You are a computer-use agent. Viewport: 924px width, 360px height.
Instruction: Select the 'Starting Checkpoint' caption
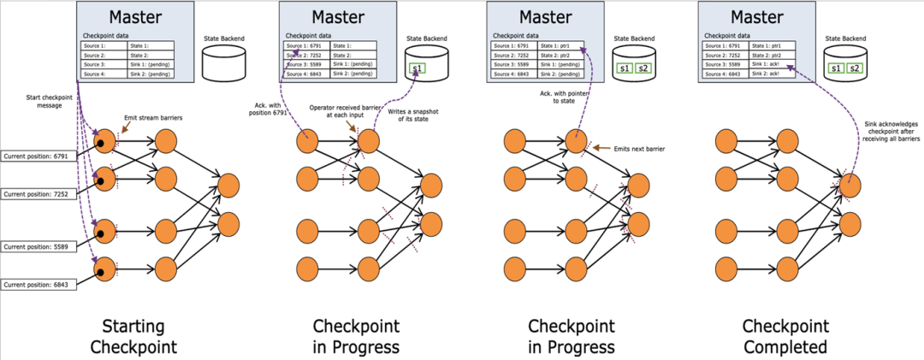click(x=139, y=336)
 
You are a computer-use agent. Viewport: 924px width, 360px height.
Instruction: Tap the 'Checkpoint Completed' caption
click(x=785, y=336)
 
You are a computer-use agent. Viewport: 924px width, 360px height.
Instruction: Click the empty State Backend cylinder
click(x=225, y=62)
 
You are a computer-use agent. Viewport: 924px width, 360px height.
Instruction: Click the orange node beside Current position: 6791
click(x=105, y=140)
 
